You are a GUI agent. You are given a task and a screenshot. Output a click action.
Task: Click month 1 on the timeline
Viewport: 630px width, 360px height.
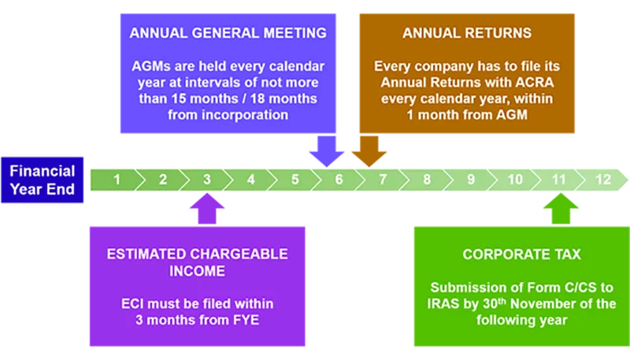[x=117, y=180]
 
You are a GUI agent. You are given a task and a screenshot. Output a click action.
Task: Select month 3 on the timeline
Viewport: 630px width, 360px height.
[x=206, y=180]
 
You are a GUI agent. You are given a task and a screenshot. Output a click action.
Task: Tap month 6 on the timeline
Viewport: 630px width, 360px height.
[x=339, y=180]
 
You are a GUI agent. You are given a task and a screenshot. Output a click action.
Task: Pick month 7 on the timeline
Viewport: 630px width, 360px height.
[x=383, y=180]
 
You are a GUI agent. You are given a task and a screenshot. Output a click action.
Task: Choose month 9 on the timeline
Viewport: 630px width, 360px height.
[x=471, y=180]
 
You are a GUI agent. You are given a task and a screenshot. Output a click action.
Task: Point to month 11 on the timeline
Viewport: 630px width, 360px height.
[x=559, y=180]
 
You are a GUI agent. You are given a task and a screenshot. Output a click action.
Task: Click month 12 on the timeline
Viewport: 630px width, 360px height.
[x=603, y=180]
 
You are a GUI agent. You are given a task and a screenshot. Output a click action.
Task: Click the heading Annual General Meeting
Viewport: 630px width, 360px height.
[x=228, y=33]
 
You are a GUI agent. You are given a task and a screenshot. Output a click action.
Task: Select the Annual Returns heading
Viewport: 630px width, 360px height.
[x=467, y=33]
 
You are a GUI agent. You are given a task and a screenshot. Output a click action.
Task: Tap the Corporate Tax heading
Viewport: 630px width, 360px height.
[x=522, y=254]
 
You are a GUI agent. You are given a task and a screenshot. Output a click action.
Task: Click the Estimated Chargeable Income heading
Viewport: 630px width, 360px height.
[x=197, y=262]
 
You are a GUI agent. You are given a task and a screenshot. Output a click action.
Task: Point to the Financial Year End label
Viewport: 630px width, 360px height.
[x=43, y=180]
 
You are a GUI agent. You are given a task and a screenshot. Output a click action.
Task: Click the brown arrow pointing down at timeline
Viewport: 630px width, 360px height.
[x=365, y=154]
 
